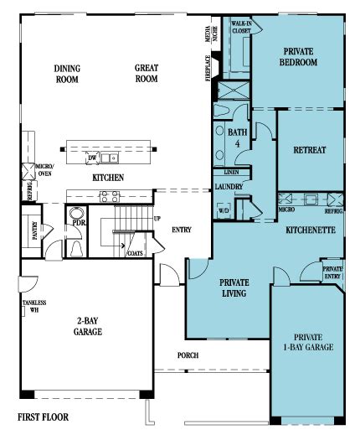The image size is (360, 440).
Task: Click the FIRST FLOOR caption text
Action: [x=43, y=417]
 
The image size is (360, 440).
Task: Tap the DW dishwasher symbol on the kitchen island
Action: [x=92, y=158]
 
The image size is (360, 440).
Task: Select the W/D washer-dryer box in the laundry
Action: [x=224, y=210]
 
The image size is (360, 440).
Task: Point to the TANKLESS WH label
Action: [x=34, y=306]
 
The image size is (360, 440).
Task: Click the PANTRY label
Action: [x=35, y=230]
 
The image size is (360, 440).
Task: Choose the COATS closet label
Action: [x=135, y=253]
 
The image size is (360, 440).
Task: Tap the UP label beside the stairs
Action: [x=157, y=218]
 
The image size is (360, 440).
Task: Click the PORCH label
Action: [x=188, y=355]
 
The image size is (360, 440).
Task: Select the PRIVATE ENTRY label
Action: [x=332, y=272]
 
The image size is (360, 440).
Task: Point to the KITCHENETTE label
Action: [x=311, y=230]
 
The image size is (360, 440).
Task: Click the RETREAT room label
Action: [x=310, y=150]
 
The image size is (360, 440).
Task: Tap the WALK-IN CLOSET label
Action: [x=241, y=27]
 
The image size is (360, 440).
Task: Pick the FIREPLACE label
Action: [x=208, y=68]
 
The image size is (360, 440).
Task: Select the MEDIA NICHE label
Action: [x=211, y=34]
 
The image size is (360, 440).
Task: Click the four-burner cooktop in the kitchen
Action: [x=110, y=196]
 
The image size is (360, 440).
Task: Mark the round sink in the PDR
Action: [x=75, y=213]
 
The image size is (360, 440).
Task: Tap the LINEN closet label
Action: [x=231, y=172]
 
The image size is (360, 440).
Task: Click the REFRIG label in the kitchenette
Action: [x=334, y=210]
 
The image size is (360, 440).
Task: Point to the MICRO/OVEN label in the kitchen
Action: [x=45, y=170]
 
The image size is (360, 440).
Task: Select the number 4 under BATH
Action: [x=238, y=144]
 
